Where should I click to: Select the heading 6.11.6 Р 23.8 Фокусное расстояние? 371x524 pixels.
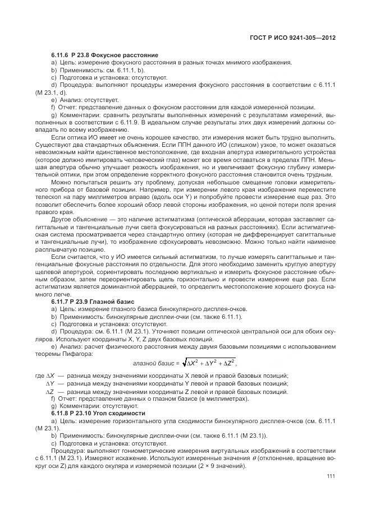pos(104,55)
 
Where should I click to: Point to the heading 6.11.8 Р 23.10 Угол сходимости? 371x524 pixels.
pos(98,412)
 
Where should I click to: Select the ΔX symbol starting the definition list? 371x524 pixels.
pos(49,375)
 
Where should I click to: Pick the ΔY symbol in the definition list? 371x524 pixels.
pos(49,383)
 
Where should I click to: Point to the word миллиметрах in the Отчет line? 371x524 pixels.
pos(222,398)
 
